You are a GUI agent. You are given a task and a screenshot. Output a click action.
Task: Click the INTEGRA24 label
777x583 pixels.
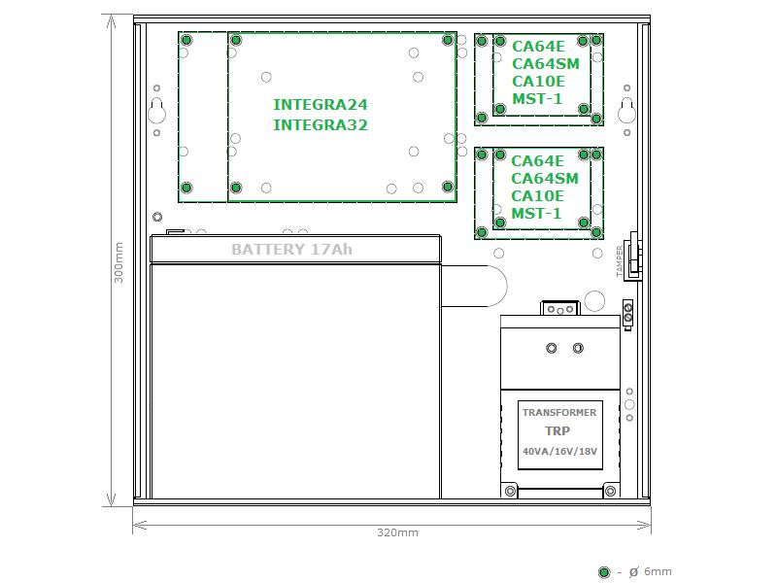(321, 105)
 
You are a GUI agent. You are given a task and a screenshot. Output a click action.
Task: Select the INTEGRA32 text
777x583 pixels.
(321, 124)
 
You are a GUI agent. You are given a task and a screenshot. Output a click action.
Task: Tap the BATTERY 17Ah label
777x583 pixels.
(292, 249)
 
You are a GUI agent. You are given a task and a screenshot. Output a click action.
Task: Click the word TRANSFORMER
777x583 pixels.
(559, 412)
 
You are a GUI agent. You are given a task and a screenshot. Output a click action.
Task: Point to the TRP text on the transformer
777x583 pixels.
(557, 430)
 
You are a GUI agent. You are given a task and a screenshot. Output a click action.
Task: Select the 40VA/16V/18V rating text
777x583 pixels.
(560, 452)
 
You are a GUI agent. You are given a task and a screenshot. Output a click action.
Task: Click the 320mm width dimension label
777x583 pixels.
(397, 532)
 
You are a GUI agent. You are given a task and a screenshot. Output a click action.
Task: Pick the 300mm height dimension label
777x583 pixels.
(118, 262)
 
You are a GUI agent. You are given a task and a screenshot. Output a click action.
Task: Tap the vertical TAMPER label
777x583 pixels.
(620, 260)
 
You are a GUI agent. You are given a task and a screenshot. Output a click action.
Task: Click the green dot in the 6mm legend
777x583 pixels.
(603, 572)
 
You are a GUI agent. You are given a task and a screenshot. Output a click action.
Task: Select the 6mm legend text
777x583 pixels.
(650, 572)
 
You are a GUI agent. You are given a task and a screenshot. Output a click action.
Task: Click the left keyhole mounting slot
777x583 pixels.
(156, 112)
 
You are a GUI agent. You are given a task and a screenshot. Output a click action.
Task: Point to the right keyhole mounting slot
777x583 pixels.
(626, 111)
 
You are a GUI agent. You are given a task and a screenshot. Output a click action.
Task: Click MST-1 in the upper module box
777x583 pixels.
(537, 99)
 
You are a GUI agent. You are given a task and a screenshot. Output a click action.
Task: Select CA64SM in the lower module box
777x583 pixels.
(545, 179)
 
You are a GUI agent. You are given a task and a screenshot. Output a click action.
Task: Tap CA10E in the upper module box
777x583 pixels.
(538, 82)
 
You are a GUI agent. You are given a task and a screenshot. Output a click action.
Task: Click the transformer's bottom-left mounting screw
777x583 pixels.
(510, 492)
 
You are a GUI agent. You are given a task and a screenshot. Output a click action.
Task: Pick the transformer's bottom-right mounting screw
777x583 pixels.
(611, 492)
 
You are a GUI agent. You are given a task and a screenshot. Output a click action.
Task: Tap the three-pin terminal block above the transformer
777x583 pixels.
(560, 309)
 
